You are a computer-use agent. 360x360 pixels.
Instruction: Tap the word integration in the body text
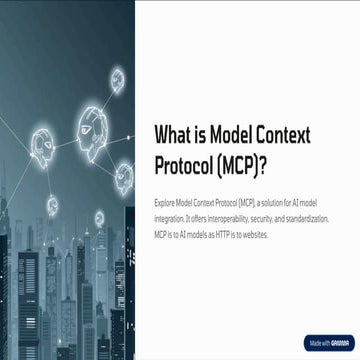(x=172, y=215)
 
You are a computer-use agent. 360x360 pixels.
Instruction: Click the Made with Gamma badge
(x=325, y=342)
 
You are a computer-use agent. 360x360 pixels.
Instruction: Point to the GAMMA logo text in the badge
(x=338, y=342)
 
